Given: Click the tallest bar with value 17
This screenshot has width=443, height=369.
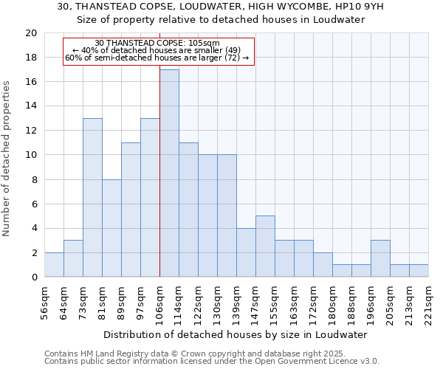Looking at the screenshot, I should (x=169, y=173).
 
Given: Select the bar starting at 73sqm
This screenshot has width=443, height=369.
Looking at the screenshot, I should (x=92, y=198).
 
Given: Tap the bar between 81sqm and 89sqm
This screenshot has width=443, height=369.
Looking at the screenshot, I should (x=111, y=228).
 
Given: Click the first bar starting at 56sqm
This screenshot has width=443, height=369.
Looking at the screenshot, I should (x=54, y=265).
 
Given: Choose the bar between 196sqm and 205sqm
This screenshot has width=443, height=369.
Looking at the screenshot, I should (x=380, y=258).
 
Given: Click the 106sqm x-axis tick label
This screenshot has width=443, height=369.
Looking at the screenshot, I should (x=159, y=301).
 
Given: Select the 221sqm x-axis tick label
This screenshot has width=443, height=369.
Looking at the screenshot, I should (x=428, y=301).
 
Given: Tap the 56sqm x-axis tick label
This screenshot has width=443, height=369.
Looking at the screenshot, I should (x=44, y=301).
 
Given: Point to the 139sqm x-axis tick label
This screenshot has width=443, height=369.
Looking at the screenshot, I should (x=236, y=301).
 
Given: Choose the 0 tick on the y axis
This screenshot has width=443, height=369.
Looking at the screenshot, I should (x=33, y=277).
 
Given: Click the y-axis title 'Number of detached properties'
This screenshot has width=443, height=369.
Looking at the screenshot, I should (x=7, y=159).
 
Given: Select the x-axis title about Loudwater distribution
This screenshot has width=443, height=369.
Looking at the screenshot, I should (x=236, y=335).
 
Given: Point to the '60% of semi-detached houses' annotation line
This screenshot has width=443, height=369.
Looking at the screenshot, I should (x=157, y=58).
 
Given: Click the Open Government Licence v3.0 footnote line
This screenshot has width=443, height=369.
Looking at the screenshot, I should (x=212, y=362).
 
